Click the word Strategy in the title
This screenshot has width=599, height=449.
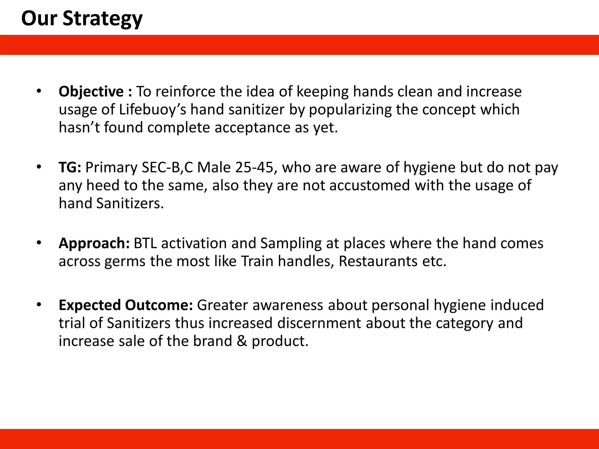102,19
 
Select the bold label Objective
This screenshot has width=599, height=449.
91,91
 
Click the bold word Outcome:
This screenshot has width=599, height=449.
159,305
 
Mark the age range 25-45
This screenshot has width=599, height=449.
254,167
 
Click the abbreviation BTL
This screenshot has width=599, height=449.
145,244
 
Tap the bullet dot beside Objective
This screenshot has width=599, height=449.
39,91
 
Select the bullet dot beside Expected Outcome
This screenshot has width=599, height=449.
39,305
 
